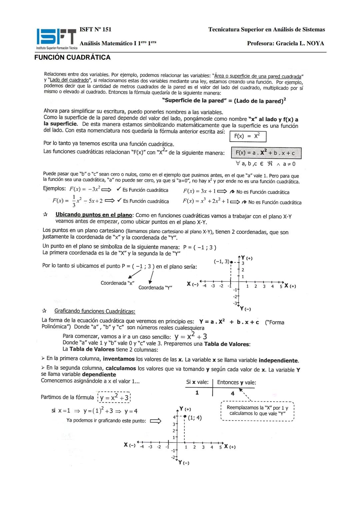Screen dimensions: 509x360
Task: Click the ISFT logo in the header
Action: click(57, 37)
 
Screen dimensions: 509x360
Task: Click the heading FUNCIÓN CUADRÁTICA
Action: click(72, 57)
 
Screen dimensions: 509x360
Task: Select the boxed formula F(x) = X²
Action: click(248, 136)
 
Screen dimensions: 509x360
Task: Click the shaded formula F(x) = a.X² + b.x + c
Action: click(266, 153)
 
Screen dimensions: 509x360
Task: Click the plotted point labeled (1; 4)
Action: click(184, 417)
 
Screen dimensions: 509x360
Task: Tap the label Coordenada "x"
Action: click(117, 283)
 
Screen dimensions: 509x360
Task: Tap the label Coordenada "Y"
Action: click(155, 288)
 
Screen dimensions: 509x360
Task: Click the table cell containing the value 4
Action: click(232, 393)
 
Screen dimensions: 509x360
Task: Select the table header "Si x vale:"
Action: click(197, 382)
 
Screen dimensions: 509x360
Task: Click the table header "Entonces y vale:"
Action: click(236, 382)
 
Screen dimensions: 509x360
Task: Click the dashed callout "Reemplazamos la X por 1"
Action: click(257, 411)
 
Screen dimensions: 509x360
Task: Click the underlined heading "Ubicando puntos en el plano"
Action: click(94, 215)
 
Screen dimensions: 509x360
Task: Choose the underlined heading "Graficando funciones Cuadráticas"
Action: click(95, 311)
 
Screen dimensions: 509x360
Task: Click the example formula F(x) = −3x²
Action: click(85, 189)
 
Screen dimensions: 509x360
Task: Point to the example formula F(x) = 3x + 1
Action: click(199, 191)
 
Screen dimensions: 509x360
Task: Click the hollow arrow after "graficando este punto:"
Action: click(156, 421)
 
